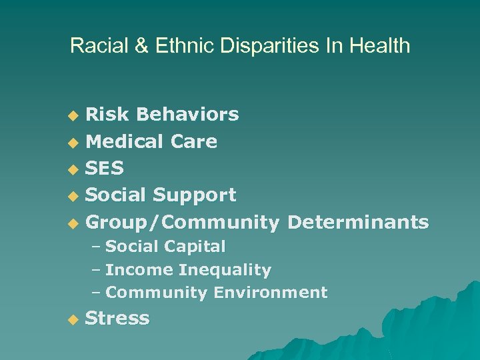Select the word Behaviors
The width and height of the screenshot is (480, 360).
[x=187, y=115]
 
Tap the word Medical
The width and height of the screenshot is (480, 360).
[x=125, y=141]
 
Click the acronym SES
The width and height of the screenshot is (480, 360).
[x=105, y=168]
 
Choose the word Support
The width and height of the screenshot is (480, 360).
[x=195, y=195]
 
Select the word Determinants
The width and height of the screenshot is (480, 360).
[x=358, y=221]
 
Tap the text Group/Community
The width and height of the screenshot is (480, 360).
[x=183, y=222]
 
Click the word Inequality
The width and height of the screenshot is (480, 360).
[x=225, y=270]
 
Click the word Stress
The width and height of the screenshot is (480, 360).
[x=118, y=318]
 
